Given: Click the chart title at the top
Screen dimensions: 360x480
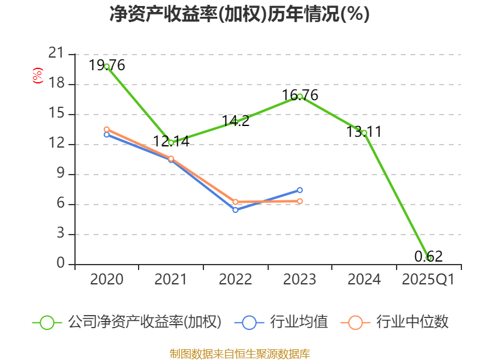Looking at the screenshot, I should [x=239, y=14].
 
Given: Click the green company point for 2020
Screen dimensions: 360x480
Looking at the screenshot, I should [x=107, y=67].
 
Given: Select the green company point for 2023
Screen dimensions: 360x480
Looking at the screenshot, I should [x=300, y=96].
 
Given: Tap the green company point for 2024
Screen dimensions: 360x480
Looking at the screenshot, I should [x=364, y=133].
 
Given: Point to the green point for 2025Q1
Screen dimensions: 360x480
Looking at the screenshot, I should [x=428, y=258].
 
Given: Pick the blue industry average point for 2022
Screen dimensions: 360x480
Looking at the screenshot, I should [x=235, y=210].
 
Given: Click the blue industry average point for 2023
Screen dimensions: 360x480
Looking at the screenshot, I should [x=300, y=190].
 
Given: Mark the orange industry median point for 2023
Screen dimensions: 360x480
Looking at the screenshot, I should [x=300, y=201].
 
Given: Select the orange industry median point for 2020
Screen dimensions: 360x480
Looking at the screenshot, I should [x=107, y=129].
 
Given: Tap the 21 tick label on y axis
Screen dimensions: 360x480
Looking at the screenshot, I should [x=56, y=54].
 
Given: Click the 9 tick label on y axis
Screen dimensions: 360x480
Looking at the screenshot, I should [x=60, y=174].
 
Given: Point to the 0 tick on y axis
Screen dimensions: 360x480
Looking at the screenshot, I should [x=60, y=264].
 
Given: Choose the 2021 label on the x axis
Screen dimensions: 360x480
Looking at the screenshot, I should [x=171, y=280].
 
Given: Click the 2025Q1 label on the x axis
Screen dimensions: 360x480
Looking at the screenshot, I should [x=428, y=280].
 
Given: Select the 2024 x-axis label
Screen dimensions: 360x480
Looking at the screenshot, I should [x=364, y=280].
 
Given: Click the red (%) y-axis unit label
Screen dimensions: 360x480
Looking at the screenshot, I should [x=37, y=76].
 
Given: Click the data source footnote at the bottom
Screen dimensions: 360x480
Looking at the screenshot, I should [x=239, y=353].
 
